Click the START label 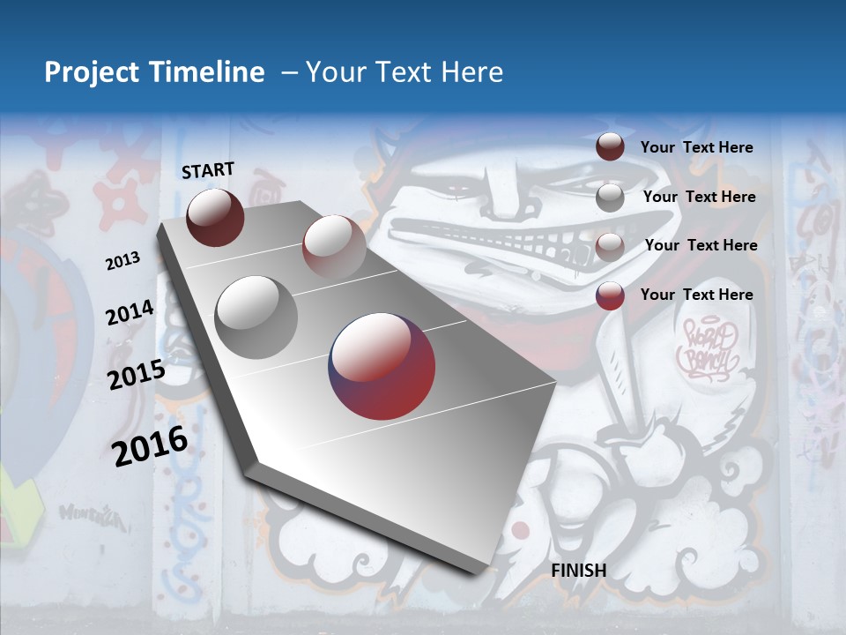(208, 170)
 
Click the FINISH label (578, 571)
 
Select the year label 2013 (122, 260)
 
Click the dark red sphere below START (215, 217)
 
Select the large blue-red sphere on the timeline (382, 365)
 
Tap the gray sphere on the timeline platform (256, 317)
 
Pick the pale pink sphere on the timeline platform (334, 247)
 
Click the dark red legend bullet (610, 147)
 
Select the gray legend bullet (610, 198)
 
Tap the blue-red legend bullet (610, 295)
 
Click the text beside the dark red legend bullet (696, 147)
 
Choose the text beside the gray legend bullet (699, 197)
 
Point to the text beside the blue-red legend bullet (696, 295)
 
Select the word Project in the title (91, 72)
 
